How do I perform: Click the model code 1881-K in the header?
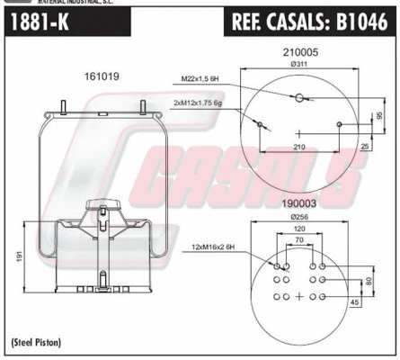(x=41, y=23)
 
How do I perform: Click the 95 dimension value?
(x=380, y=114)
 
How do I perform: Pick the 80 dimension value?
(x=368, y=282)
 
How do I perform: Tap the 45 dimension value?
(x=356, y=302)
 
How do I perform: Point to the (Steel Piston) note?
(x=38, y=346)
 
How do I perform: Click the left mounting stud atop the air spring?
(x=65, y=110)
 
